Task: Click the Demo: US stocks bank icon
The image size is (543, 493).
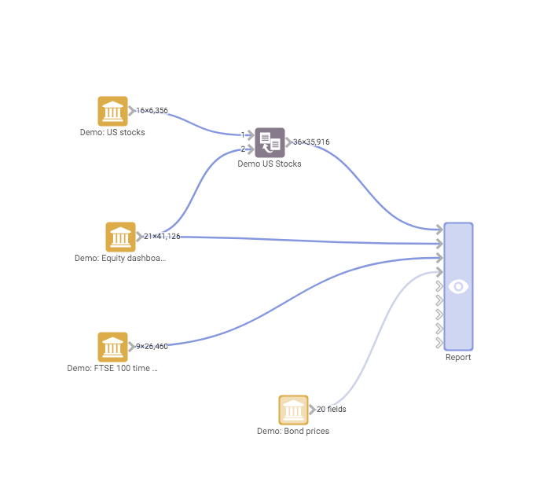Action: point(112,111)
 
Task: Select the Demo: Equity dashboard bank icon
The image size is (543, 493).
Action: point(120,237)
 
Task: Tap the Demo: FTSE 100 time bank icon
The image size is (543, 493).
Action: point(112,347)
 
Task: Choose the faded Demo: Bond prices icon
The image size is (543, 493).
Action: point(293,410)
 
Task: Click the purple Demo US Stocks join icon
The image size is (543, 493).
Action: point(270,142)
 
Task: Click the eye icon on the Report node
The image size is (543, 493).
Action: point(458,286)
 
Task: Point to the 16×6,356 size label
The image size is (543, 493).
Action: point(152,111)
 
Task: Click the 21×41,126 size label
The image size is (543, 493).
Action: point(162,237)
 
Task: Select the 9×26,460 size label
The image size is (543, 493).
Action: point(152,347)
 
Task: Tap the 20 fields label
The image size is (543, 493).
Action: point(331,410)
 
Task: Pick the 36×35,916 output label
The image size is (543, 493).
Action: point(311,142)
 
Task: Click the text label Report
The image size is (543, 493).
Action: point(458,358)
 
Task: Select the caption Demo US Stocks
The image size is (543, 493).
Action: point(270,164)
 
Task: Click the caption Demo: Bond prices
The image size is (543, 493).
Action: point(293,432)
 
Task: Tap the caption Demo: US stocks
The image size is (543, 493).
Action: point(112,133)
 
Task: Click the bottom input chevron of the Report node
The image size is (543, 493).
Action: point(438,343)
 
